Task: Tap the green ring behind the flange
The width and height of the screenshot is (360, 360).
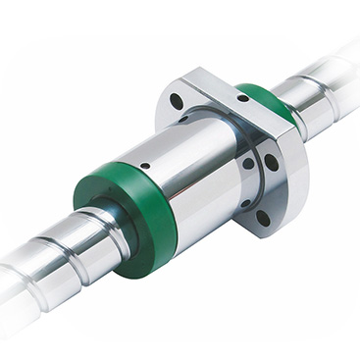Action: pos(272,103)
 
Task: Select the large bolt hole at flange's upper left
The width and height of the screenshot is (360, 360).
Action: pos(177,101)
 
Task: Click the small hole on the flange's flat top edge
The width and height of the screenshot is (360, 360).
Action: pos(242,97)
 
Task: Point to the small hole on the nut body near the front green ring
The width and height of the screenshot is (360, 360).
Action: pos(145,166)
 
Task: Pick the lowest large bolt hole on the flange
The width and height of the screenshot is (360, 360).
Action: pos(262,218)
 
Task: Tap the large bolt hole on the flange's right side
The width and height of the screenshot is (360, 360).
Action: pos(271,162)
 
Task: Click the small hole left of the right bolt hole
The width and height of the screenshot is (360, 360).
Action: pos(248,162)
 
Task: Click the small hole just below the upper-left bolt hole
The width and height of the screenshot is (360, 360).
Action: pos(182,120)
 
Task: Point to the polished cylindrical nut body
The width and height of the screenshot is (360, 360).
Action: pos(186,167)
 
